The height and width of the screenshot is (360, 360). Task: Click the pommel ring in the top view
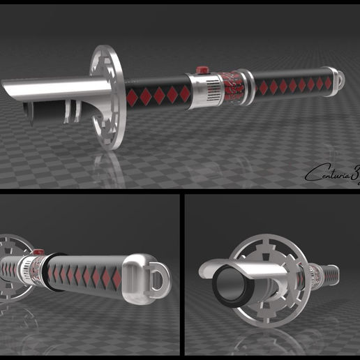tap(337, 79)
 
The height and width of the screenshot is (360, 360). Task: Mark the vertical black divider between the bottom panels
tap(179, 276)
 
